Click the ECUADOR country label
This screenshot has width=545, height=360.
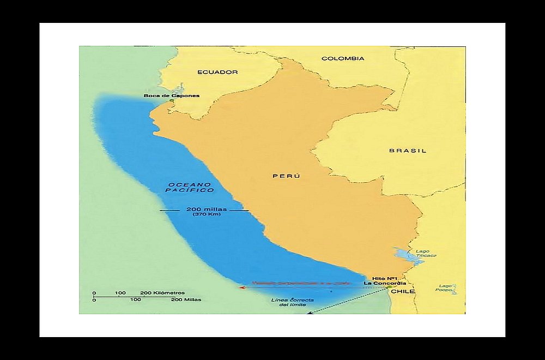(x=217, y=72)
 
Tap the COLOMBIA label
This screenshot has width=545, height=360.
(x=343, y=58)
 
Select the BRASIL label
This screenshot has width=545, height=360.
(x=408, y=151)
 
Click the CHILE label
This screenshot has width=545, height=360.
(x=404, y=291)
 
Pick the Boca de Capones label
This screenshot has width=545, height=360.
(x=172, y=96)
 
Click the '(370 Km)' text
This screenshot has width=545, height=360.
(x=203, y=215)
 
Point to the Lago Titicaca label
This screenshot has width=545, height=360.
(x=423, y=254)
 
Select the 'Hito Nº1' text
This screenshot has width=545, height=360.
(x=377, y=278)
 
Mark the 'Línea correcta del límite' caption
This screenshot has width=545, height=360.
(x=288, y=303)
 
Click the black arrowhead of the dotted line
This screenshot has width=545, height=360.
(x=310, y=313)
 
